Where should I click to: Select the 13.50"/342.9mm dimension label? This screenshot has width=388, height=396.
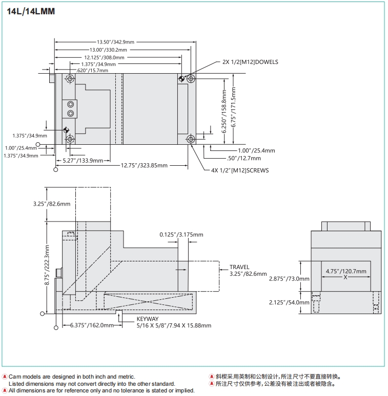(116, 42)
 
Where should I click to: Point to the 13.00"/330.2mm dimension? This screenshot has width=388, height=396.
(108, 50)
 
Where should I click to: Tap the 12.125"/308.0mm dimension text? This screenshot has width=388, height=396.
(105, 57)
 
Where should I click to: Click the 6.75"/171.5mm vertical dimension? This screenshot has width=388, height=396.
(234, 109)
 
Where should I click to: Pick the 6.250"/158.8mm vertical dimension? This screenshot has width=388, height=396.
(224, 112)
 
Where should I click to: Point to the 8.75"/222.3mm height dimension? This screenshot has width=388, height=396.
(47, 267)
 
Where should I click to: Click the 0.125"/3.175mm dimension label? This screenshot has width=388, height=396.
(181, 235)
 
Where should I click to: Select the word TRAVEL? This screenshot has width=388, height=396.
(239, 267)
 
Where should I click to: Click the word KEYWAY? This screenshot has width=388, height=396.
(148, 319)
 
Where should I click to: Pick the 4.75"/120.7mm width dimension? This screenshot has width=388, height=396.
(346, 271)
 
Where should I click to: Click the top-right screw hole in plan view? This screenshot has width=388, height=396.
(191, 79)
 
